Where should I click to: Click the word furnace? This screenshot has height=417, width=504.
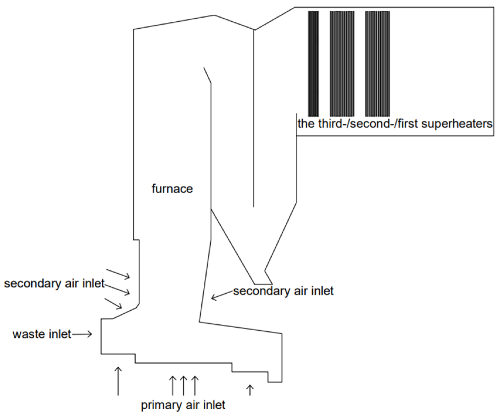(x=172, y=189)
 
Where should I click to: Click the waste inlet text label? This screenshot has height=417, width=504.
(x=42, y=334)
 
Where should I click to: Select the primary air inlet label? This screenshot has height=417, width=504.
(x=183, y=405)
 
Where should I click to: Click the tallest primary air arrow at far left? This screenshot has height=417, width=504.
(x=118, y=381)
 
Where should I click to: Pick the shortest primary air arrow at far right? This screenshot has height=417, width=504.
(x=250, y=390)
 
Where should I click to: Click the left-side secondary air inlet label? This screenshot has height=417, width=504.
(x=54, y=283)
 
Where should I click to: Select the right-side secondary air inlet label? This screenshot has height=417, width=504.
(x=283, y=291)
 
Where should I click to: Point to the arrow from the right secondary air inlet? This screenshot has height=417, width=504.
(x=222, y=295)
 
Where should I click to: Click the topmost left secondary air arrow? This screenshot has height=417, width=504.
(x=118, y=274)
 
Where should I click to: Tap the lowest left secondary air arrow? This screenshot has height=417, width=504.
(x=113, y=303)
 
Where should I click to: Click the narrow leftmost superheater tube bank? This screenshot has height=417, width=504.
(x=313, y=64)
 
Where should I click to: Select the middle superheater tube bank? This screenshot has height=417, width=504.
(x=342, y=64)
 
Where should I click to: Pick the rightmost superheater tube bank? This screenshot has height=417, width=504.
(x=377, y=64)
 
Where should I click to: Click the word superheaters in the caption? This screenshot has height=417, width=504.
(x=457, y=124)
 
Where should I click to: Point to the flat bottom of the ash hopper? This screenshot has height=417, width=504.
(x=263, y=284)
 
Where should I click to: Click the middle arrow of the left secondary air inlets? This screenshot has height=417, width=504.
(x=117, y=289)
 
